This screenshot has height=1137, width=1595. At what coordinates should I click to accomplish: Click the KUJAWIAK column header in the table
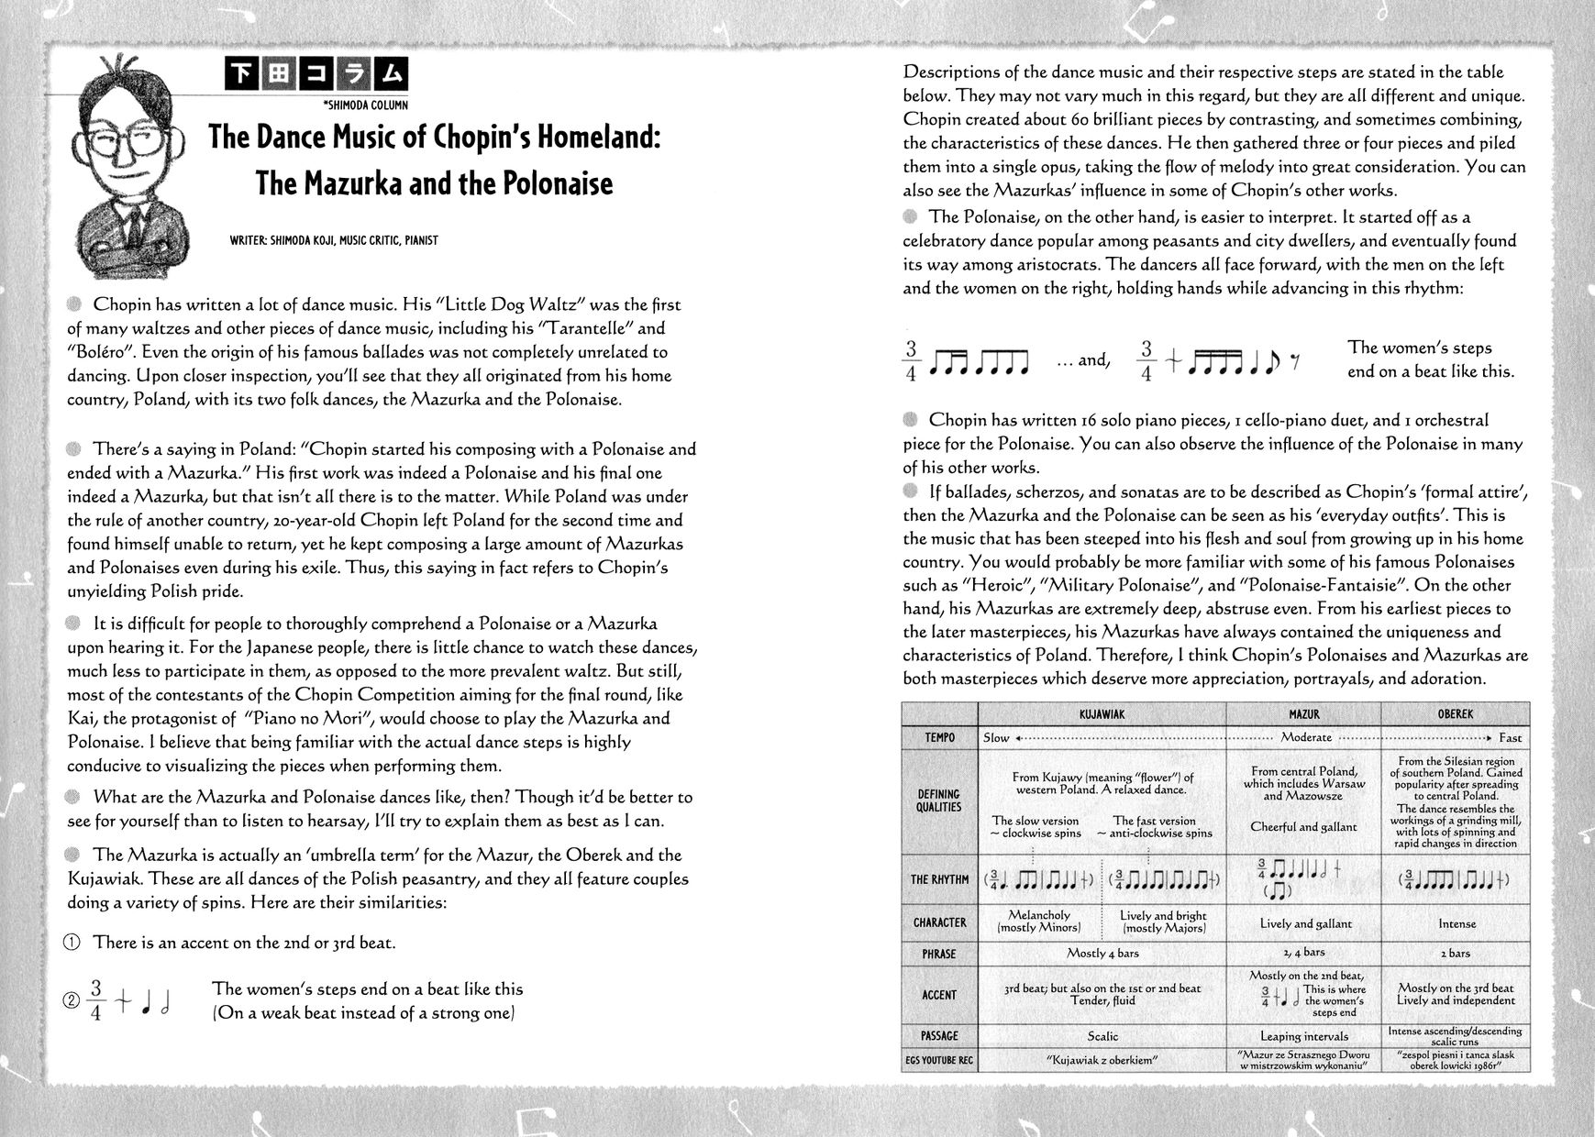point(1103,714)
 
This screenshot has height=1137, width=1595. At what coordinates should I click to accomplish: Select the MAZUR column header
point(1303,714)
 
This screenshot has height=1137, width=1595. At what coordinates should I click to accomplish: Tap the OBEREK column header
point(1456,714)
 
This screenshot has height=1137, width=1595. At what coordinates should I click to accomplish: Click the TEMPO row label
point(939,737)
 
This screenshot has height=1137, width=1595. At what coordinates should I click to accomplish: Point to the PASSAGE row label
point(939,1036)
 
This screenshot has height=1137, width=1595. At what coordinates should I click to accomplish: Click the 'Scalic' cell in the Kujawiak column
point(1102,1036)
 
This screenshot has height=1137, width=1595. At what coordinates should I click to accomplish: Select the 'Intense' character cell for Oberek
point(1457,924)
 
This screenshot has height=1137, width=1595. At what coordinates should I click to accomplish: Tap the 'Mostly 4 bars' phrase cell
point(1102,954)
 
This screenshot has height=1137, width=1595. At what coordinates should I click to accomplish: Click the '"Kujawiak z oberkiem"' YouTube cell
point(1102,1061)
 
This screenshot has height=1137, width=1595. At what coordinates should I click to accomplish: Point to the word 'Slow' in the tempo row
point(996,737)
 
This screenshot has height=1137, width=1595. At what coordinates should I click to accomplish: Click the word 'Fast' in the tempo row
point(1510,737)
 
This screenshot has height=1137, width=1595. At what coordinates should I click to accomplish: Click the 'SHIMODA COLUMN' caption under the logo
point(366,105)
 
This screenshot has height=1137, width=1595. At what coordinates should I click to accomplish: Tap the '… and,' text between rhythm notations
point(1083,360)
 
